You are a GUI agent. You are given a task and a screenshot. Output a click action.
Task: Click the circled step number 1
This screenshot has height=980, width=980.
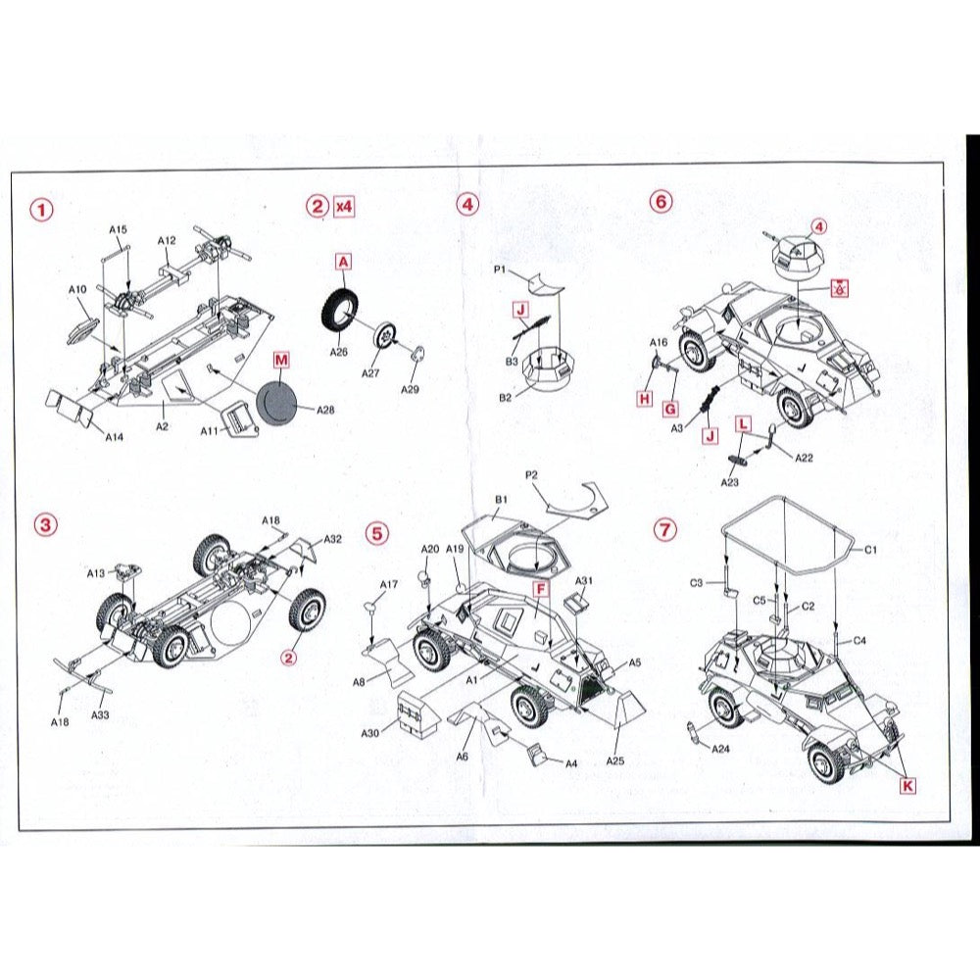(x=42, y=209)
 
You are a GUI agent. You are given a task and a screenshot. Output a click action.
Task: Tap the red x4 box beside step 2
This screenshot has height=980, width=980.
(x=344, y=206)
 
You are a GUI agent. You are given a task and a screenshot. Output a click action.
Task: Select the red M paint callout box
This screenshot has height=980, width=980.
(x=281, y=360)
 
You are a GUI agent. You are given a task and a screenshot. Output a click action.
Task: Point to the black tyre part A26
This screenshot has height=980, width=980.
(x=339, y=310)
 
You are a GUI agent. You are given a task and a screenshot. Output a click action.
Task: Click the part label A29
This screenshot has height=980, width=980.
(x=410, y=389)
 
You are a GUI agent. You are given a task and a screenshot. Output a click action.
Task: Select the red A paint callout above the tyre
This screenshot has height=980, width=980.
(x=344, y=262)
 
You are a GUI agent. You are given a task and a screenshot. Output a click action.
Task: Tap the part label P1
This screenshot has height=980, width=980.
(x=499, y=269)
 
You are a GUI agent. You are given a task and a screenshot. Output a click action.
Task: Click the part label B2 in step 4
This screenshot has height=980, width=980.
(x=505, y=398)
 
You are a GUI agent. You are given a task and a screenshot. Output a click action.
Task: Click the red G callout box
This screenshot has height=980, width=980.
(x=670, y=409)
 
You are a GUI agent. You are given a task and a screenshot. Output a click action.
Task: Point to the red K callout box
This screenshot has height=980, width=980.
(x=907, y=786)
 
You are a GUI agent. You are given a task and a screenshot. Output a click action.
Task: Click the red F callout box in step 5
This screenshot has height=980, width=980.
(x=541, y=589)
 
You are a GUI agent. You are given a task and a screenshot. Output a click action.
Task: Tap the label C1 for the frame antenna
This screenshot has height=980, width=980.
(x=870, y=550)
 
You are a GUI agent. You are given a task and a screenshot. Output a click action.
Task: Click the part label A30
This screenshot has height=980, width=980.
(x=370, y=732)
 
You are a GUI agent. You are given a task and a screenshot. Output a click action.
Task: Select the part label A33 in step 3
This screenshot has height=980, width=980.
(x=101, y=714)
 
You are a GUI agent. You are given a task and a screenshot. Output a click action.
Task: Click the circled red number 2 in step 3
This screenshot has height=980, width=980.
(x=288, y=658)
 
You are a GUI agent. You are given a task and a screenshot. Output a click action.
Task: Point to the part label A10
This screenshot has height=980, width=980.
(x=77, y=289)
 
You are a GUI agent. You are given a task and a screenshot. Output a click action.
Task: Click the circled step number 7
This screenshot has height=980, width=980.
(x=665, y=530)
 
